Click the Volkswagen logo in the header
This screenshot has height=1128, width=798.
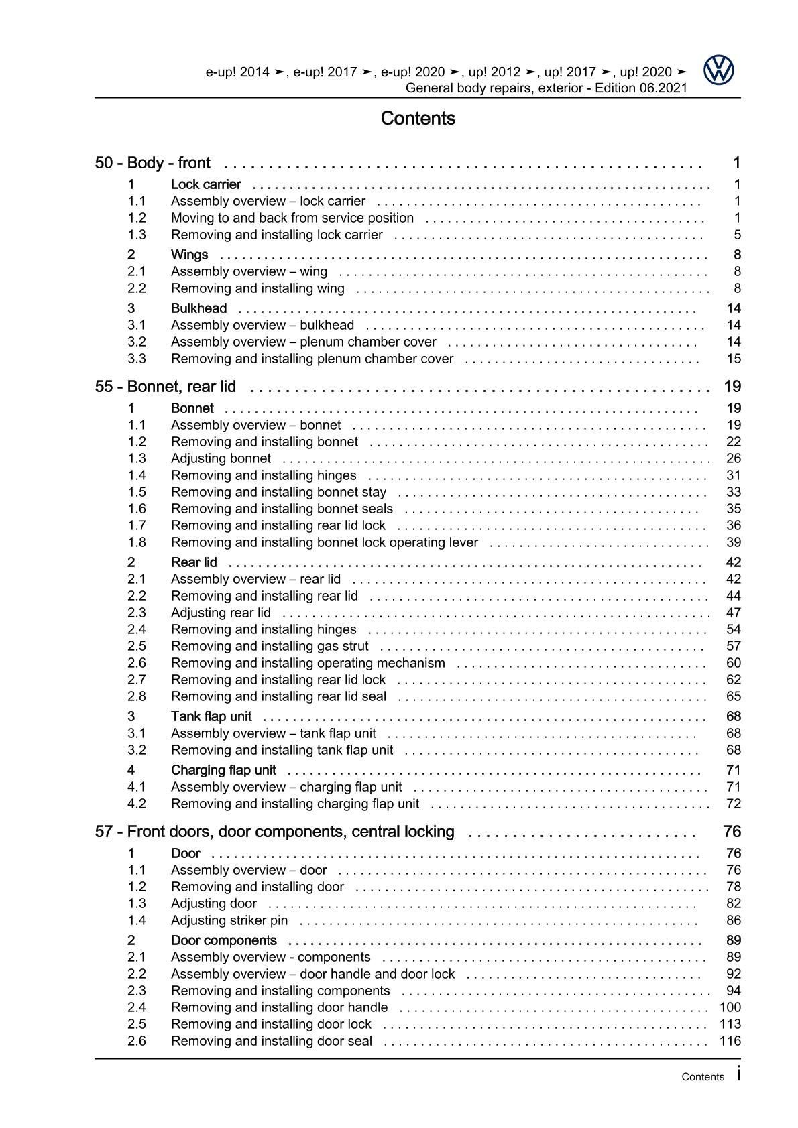[719, 70]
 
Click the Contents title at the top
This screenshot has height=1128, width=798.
[417, 119]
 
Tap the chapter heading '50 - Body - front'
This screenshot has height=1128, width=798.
[153, 163]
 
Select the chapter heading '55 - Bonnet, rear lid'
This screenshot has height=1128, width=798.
[174, 387]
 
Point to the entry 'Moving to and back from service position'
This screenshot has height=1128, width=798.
[292, 218]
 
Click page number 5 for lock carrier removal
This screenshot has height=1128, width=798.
[737, 235]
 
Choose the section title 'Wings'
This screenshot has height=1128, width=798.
[189, 255]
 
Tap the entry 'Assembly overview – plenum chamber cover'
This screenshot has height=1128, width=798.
[303, 342]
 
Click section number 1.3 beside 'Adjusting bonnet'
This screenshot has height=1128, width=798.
[137, 458]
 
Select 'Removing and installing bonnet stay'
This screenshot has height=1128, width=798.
[278, 492]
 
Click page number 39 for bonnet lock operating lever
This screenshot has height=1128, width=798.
[733, 542]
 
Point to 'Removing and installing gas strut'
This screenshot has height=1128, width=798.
[270, 646]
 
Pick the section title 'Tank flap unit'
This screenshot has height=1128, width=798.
[211, 716]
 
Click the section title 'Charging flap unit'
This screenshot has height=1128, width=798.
[223, 770]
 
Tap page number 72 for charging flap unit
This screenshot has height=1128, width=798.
[733, 804]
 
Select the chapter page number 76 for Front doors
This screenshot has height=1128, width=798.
[732, 832]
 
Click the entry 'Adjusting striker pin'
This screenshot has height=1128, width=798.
[229, 920]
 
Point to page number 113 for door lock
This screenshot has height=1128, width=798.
[730, 1024]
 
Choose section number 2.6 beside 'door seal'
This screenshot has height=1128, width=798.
[137, 1041]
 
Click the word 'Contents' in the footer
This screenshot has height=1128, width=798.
[702, 1077]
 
